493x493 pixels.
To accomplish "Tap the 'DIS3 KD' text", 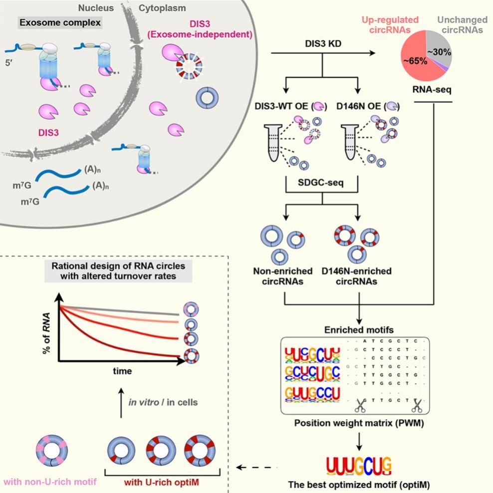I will [322, 43].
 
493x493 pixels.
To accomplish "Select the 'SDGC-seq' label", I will [322, 185].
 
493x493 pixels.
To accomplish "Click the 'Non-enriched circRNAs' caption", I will [283, 276].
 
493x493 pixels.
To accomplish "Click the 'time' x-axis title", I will [122, 371].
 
